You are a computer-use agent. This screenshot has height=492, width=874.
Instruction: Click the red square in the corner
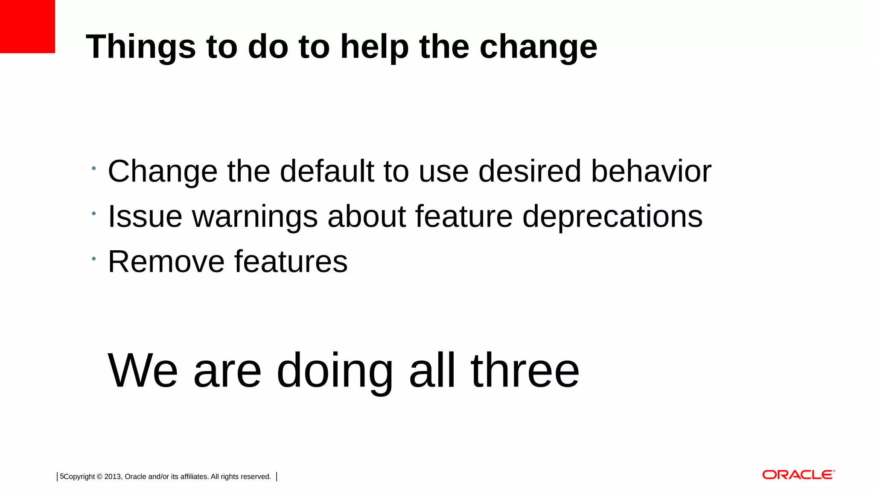pyautogui.click(x=27, y=26)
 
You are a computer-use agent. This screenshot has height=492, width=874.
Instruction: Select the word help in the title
pyautogui.click(x=375, y=47)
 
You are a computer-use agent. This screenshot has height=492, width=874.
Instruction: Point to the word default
pyautogui.click(x=327, y=171)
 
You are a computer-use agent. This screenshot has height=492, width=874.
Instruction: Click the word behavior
pyautogui.click(x=651, y=171)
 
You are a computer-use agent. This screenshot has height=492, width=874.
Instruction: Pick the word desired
pyautogui.click(x=530, y=171)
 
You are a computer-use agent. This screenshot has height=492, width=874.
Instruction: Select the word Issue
pyautogui.click(x=145, y=217)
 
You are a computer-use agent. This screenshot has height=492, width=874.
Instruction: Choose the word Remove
pyautogui.click(x=166, y=262)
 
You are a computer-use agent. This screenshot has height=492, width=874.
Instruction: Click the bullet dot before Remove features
pyautogui.click(x=93, y=258)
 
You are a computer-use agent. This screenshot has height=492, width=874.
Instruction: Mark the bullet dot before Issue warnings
pyautogui.click(x=93, y=213)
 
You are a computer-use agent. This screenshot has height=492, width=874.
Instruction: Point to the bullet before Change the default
pyautogui.click(x=93, y=168)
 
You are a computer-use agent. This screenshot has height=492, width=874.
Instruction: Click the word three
pyautogui.click(x=525, y=370)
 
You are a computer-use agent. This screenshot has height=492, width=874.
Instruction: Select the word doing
pyautogui.click(x=335, y=371)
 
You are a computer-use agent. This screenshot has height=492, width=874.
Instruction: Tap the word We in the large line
pyautogui.click(x=143, y=370)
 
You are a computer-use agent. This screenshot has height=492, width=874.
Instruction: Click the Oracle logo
pyautogui.click(x=798, y=475)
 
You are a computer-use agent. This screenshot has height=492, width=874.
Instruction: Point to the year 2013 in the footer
pyautogui.click(x=113, y=477)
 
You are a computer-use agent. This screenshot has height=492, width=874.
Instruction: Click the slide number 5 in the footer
pyautogui.click(x=61, y=476)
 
